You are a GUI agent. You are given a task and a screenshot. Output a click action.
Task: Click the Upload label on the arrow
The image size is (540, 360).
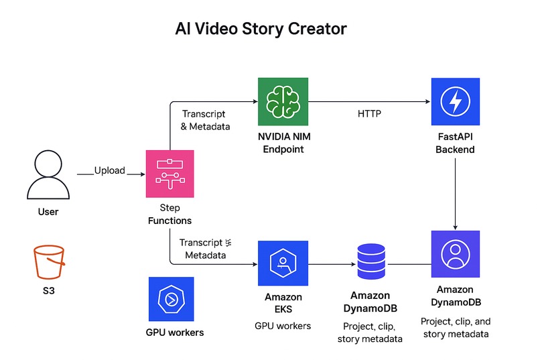[x=109, y=170]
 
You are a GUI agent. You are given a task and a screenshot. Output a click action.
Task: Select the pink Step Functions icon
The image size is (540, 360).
[x=170, y=174]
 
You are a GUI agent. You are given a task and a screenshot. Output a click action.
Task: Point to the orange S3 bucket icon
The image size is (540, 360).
[x=48, y=263]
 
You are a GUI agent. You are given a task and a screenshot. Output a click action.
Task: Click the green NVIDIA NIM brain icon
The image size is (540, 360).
[x=283, y=102]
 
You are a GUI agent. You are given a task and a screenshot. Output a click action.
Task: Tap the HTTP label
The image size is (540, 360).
[x=369, y=114]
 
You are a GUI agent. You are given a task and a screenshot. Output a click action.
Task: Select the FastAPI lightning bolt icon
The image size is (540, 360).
[x=455, y=102]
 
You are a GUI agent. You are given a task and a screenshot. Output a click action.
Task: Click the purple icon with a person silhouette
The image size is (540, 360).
[x=455, y=254]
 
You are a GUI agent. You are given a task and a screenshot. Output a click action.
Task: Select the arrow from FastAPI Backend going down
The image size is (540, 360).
[x=455, y=194]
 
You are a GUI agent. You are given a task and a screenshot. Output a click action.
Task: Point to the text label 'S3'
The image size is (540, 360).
[x=48, y=292]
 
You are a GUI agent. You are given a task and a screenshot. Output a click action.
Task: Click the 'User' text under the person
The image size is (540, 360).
[x=48, y=212]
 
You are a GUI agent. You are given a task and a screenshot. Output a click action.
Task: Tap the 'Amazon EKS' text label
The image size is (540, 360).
[x=283, y=302]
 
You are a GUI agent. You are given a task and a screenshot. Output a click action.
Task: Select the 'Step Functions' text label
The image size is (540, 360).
[x=170, y=215]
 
